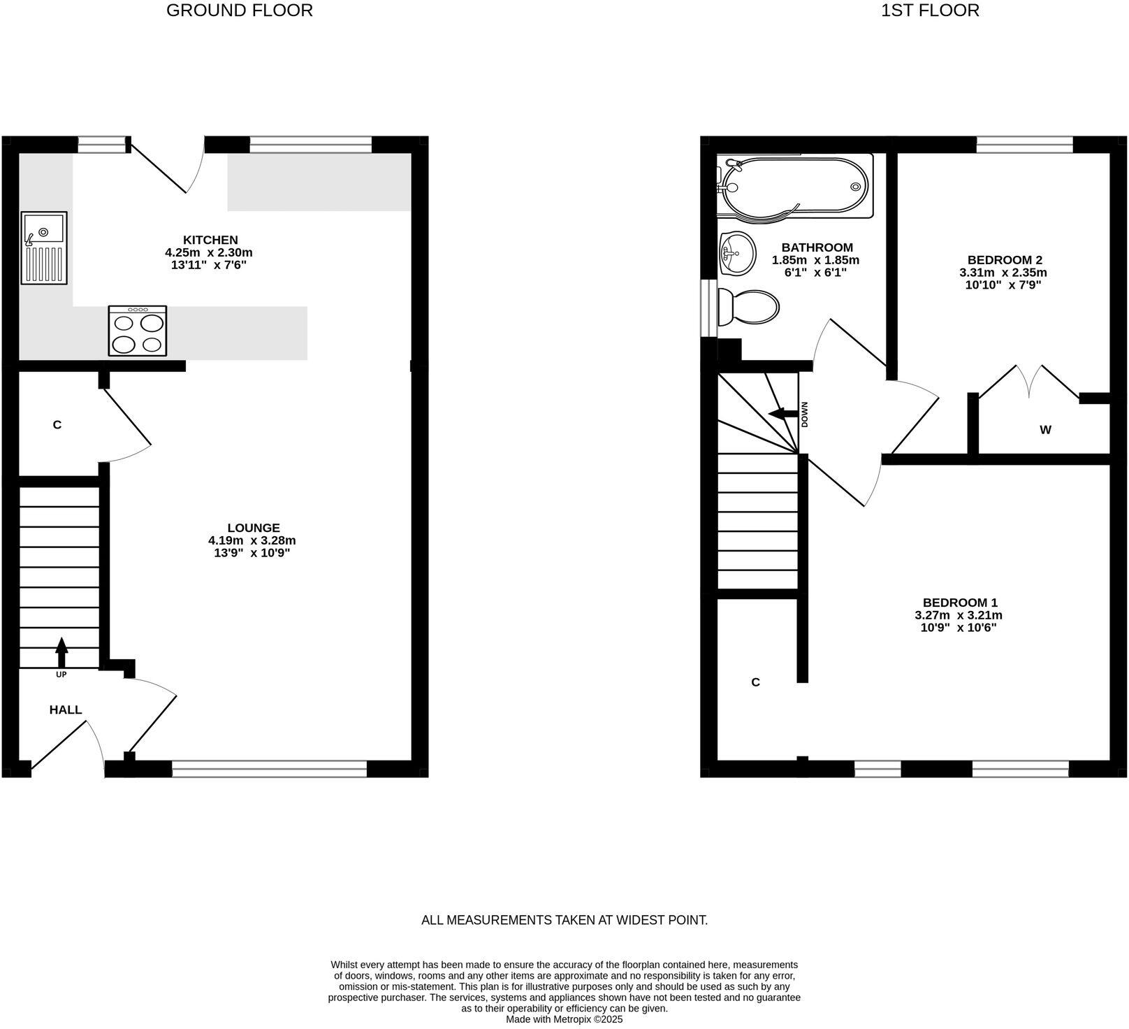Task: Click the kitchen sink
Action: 44,247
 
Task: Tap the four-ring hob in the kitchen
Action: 138,331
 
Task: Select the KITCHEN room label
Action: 210,240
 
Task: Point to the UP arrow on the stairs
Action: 61,652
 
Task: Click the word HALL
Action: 66,710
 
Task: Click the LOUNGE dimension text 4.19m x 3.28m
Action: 252,540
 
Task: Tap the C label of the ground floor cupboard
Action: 57,424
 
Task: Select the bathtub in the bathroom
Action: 796,187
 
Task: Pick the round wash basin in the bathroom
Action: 736,252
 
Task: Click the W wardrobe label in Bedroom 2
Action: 1045,430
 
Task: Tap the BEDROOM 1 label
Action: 960,603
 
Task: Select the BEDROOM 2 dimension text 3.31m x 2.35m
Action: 1003,273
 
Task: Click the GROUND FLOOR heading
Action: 240,10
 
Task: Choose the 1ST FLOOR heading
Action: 930,10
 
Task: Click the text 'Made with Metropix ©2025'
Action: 564,1019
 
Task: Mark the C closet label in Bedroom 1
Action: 755,682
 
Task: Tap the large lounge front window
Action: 269,770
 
